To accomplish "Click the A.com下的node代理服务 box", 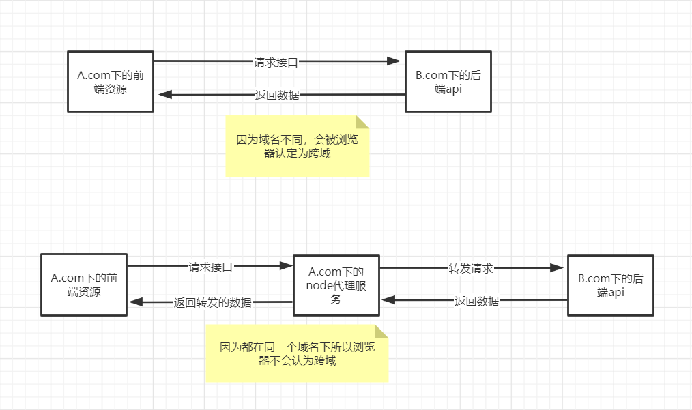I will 336,285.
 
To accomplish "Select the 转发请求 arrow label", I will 470,268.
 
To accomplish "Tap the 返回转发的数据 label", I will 212,302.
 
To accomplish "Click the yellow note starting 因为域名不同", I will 297,146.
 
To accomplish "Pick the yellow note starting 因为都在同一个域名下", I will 297,353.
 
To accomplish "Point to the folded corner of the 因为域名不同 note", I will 362,121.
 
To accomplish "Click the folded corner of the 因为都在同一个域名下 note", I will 381,332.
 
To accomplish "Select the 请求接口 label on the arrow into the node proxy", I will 210,267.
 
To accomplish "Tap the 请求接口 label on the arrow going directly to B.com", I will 276,62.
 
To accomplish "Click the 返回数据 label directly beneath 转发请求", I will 476,301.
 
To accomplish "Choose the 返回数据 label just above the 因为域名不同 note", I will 277,96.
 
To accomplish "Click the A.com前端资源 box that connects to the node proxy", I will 84,284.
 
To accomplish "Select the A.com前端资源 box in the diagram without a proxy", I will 111,80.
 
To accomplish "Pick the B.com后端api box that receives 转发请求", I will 610,285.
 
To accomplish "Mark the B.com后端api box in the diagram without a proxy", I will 448,81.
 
